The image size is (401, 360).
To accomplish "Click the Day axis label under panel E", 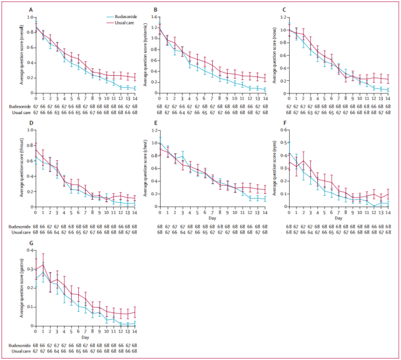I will pyautogui.click(x=213, y=218).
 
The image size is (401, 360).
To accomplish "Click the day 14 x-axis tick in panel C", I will pyautogui.click(x=388, y=98).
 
